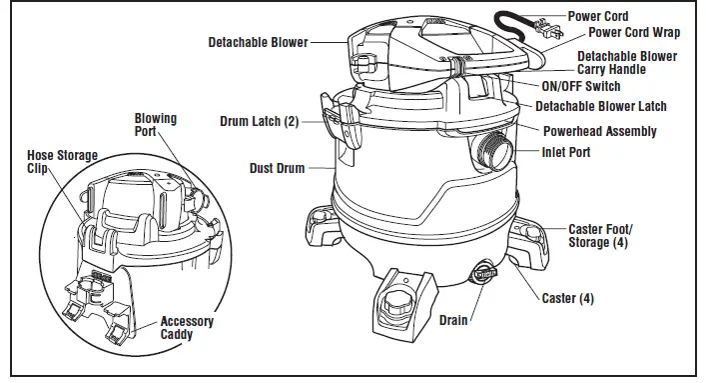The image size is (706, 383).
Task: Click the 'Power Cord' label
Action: pyautogui.click(x=598, y=16)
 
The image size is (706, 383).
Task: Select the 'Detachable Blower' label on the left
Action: pyautogui.click(x=258, y=43)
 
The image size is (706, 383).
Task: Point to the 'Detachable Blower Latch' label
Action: pyautogui.click(x=600, y=106)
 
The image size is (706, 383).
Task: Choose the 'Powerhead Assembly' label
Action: pyautogui.click(x=599, y=131)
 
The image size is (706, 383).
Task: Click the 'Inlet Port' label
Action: pyautogui.click(x=565, y=152)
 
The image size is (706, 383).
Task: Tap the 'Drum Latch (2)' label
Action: pyautogui.click(x=259, y=121)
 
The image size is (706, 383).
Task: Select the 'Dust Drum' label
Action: pyautogui.click(x=277, y=168)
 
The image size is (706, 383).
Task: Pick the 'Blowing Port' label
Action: pyautogui.click(x=156, y=124)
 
